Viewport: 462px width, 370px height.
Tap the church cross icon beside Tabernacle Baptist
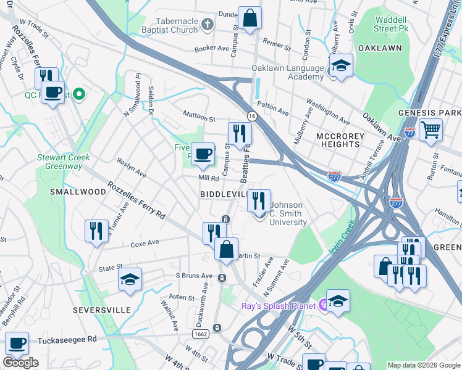(x=208, y=25)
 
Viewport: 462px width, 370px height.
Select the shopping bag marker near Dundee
(x=250, y=18)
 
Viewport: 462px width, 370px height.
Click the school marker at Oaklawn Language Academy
(x=340, y=65)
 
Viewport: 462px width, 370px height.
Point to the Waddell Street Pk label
(x=395, y=23)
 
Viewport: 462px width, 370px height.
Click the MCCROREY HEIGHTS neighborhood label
(x=337, y=139)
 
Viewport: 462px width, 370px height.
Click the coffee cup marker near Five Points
(x=202, y=154)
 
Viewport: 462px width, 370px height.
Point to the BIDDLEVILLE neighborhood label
(x=223, y=194)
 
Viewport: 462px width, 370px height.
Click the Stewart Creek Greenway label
(x=64, y=162)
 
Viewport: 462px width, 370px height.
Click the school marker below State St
(x=130, y=279)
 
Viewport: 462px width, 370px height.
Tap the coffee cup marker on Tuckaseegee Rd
(x=17, y=343)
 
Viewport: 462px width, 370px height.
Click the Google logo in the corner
(x=21, y=363)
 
